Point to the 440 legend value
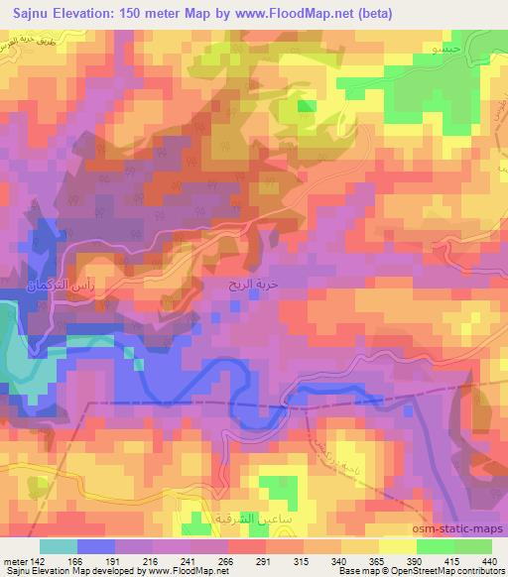click(x=488, y=561)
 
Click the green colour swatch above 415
click(x=436, y=546)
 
